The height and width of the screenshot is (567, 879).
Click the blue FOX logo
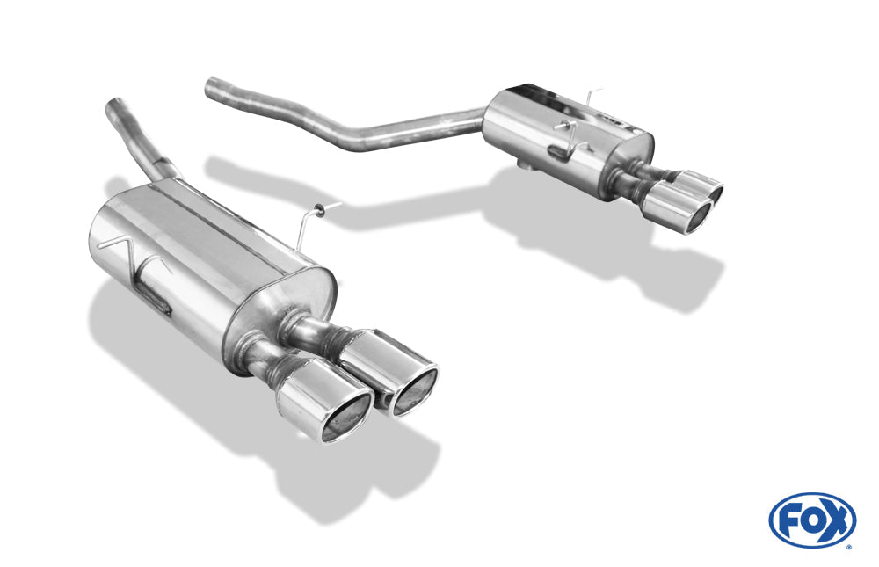812,520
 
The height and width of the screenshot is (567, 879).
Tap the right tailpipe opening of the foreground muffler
416,391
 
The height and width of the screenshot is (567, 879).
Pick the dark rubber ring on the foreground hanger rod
318,210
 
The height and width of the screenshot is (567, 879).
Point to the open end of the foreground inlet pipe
116,104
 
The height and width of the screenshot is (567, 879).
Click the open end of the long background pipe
210,89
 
